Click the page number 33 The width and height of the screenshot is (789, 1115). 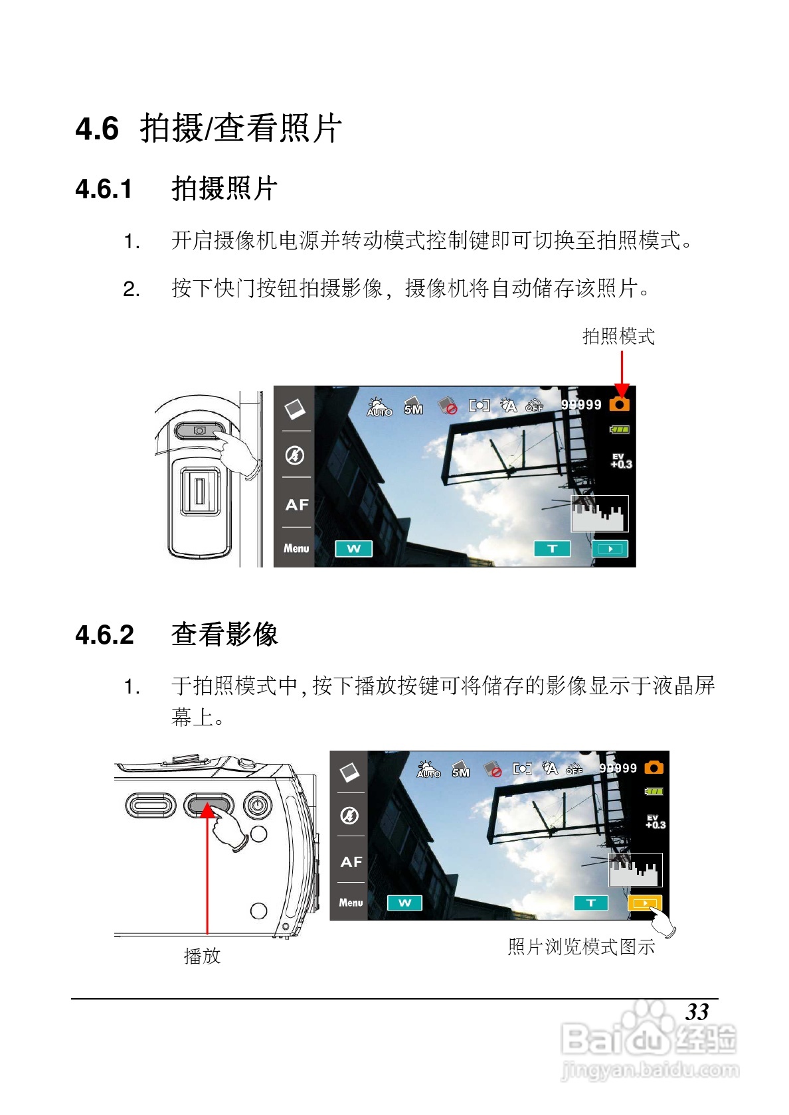(697, 1012)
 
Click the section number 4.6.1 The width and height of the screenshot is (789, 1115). (104, 189)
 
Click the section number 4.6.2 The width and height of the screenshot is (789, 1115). (105, 634)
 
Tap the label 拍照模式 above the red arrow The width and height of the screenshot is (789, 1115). (618, 336)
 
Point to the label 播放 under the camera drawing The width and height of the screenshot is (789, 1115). (202, 956)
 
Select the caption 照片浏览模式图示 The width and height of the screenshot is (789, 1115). (581, 946)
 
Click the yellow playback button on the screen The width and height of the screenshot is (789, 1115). (644, 903)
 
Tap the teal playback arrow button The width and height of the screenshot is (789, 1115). (610, 548)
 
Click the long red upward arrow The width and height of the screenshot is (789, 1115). (207, 869)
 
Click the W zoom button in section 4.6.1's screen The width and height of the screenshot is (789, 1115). (353, 548)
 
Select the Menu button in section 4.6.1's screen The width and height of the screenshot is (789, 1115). (296, 548)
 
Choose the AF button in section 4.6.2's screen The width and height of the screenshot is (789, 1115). (351, 861)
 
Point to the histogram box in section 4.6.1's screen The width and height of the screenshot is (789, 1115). (599, 514)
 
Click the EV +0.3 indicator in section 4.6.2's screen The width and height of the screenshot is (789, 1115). (655, 822)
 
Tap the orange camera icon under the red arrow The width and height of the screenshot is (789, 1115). (619, 404)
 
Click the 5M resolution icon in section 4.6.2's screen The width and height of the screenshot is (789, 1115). (460, 769)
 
